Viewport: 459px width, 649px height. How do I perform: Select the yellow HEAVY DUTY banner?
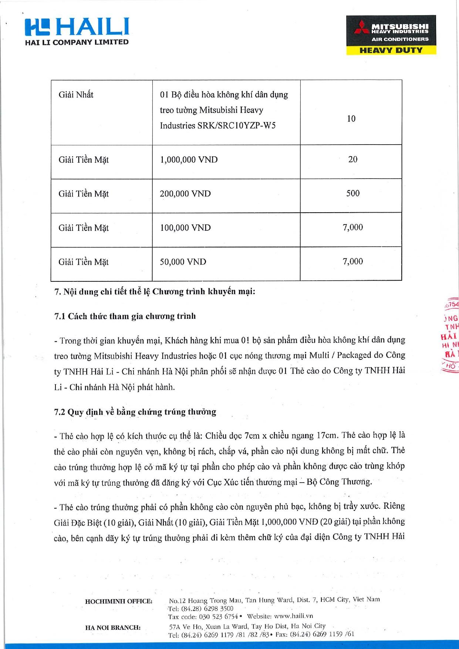point(391,50)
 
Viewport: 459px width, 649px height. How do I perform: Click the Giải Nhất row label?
point(76,95)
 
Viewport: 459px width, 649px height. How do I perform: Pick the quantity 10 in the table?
point(351,119)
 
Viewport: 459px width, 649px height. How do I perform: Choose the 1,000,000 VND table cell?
point(189,160)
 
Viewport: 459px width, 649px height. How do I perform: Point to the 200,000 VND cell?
point(185,194)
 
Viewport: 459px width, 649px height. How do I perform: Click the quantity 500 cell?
point(352,193)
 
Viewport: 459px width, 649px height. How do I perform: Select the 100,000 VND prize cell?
point(185,228)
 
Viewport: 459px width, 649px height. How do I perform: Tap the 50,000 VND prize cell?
point(183,262)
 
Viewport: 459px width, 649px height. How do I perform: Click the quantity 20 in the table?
point(352,159)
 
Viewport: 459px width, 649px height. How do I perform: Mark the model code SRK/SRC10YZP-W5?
point(236,126)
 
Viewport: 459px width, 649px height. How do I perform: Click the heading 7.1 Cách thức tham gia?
point(125,316)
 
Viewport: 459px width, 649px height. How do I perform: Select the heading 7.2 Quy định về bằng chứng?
point(135,412)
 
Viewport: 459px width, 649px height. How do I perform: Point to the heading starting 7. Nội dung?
point(155,292)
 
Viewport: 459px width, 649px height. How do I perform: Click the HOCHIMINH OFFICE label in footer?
point(118,601)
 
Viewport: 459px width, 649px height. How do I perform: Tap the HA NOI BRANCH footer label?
point(113,628)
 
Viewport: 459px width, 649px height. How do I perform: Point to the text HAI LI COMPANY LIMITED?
point(77,42)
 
